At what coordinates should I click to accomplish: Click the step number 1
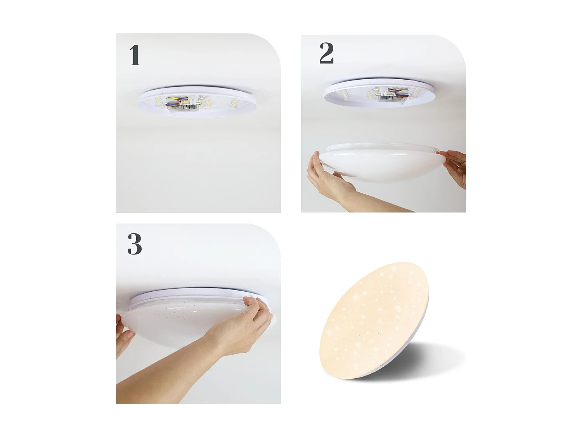click(x=134, y=55)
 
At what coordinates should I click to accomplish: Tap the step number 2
click(x=326, y=53)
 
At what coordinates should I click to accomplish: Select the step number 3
click(x=134, y=244)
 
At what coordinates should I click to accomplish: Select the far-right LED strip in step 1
click(x=236, y=103)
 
